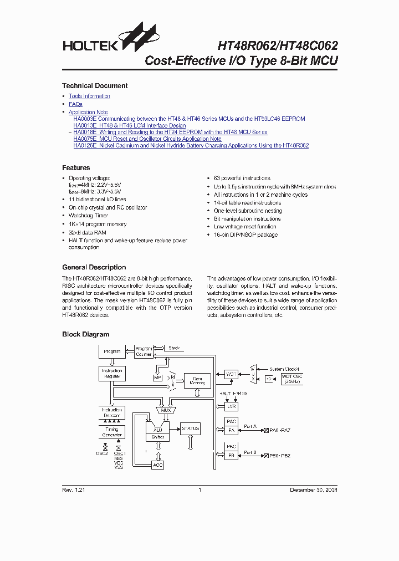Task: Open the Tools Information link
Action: click(89, 96)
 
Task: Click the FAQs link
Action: click(75, 104)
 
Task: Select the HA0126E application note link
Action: click(191, 146)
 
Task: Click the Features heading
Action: click(76, 168)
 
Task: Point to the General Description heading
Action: click(94, 267)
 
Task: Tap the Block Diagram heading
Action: click(85, 335)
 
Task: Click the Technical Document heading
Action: click(95, 86)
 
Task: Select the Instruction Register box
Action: click(112, 373)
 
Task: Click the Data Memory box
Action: click(197, 380)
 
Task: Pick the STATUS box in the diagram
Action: click(190, 429)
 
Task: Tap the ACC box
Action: click(158, 465)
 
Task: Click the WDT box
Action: click(231, 374)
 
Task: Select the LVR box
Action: click(231, 406)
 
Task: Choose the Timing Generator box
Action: click(112, 432)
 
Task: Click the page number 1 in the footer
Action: click(199, 490)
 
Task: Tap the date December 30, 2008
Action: click(314, 490)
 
